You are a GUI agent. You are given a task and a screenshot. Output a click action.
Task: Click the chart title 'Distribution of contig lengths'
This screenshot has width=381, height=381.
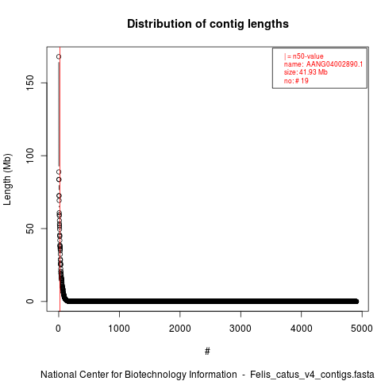click(x=208, y=24)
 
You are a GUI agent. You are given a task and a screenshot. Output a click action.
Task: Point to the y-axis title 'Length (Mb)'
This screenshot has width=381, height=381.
click(x=7, y=179)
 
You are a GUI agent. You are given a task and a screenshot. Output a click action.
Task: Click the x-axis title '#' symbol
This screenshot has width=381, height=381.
click(x=207, y=352)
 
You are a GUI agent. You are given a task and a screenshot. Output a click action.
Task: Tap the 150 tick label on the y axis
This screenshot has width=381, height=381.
click(x=30, y=83)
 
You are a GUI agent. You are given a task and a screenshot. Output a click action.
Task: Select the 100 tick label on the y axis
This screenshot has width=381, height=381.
click(x=30, y=156)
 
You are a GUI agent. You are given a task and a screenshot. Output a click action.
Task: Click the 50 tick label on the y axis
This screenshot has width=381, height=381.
click(x=30, y=229)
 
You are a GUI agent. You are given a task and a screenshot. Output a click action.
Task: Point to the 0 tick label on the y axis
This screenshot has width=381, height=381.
click(x=30, y=302)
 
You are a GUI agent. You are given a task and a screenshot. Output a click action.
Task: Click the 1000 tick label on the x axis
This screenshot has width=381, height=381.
click(x=119, y=329)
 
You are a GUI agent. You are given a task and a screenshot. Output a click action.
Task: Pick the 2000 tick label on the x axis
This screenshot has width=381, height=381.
click(x=180, y=329)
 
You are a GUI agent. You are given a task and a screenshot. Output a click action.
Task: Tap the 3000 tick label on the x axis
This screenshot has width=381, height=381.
click(x=241, y=329)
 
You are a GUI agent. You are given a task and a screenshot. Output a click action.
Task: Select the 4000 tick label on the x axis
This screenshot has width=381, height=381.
click(x=302, y=329)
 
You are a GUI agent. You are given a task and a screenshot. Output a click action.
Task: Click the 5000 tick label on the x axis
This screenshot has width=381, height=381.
click(x=362, y=329)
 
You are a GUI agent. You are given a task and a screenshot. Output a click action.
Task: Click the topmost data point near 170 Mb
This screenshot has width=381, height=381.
click(x=59, y=56)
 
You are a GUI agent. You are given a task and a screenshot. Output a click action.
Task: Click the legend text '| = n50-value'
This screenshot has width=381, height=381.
click(x=304, y=56)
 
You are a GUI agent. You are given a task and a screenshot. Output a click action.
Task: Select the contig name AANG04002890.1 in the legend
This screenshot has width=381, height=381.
click(x=334, y=64)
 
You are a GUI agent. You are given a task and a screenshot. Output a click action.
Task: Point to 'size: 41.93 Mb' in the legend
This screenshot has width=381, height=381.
click(x=306, y=72)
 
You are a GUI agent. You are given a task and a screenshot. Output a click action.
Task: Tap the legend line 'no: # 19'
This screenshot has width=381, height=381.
click(x=296, y=80)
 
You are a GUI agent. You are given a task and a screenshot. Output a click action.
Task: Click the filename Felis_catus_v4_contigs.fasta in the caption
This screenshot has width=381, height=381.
click(x=312, y=375)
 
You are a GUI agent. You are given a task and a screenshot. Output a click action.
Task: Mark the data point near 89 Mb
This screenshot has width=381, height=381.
click(x=59, y=172)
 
